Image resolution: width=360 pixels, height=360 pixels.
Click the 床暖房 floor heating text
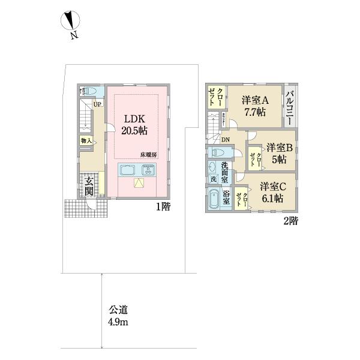pyautogui.click(x=149, y=155)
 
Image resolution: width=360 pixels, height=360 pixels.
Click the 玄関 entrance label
pyautogui.click(x=89, y=187)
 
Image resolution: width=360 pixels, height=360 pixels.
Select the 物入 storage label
pyautogui.click(x=85, y=141)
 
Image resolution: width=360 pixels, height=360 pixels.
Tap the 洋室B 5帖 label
pyautogui.click(x=279, y=154)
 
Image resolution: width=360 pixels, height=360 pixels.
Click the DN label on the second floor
pyautogui.click(x=225, y=140)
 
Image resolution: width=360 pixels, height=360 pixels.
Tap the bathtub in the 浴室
pyautogui.click(x=214, y=199)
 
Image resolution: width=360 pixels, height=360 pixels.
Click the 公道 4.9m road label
pyautogui.click(x=118, y=316)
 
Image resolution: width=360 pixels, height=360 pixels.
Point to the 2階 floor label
pyautogui.click(x=290, y=221)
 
